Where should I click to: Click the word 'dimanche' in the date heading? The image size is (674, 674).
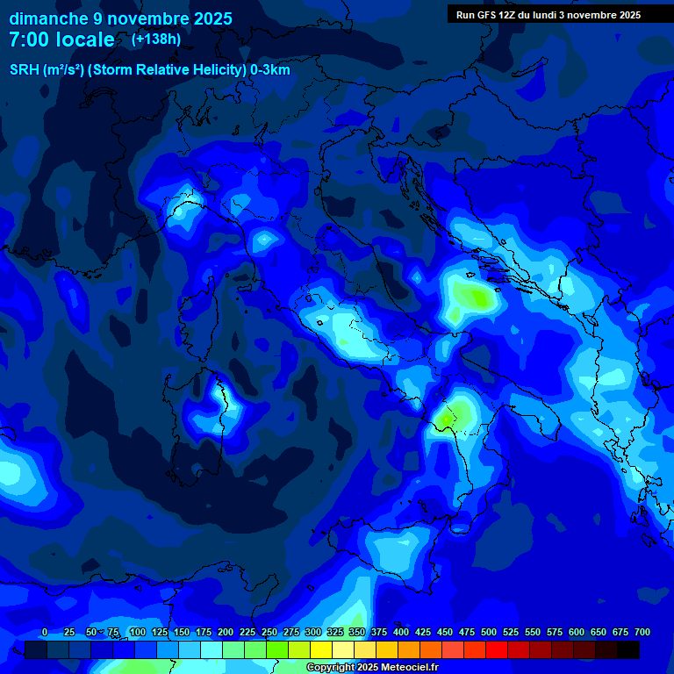click(x=41, y=18)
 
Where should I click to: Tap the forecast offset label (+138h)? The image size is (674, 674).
click(x=156, y=39)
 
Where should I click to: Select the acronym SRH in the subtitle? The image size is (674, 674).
click(x=24, y=70)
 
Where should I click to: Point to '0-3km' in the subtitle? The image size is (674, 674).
click(x=270, y=70)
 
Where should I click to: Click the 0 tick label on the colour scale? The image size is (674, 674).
click(x=45, y=632)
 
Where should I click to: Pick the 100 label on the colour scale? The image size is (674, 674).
click(x=137, y=632)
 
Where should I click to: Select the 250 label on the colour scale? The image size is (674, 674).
click(x=269, y=632)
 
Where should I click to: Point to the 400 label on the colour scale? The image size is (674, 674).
click(x=401, y=632)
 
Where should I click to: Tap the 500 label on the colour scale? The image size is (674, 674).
click(x=489, y=632)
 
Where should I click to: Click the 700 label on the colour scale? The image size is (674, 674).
click(x=642, y=632)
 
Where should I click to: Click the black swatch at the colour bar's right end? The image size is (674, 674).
click(x=628, y=649)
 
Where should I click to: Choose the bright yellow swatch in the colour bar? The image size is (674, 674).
click(x=321, y=649)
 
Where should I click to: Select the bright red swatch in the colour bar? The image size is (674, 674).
click(x=497, y=649)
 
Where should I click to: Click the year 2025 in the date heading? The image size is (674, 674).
click(x=212, y=18)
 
